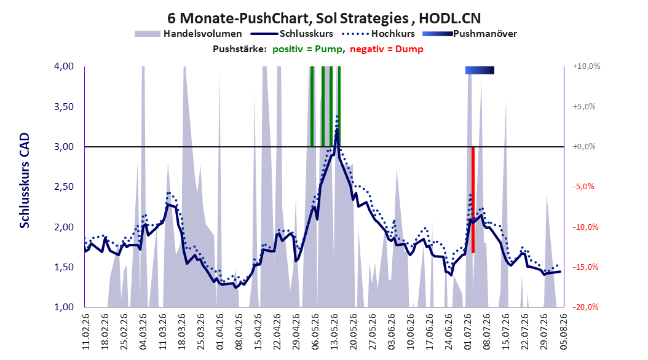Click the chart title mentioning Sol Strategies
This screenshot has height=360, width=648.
[x=324, y=18]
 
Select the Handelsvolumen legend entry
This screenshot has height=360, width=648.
[x=189, y=34]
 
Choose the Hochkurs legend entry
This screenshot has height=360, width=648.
[x=379, y=34]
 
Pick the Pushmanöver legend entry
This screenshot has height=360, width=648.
[x=470, y=34]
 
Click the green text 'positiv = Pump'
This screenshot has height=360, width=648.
[x=307, y=49]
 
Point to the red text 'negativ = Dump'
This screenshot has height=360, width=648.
[x=387, y=49]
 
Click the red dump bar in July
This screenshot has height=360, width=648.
[x=473, y=200]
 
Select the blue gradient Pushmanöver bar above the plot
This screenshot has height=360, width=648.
[x=480, y=70]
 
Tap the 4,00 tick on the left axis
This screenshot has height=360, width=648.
[x=64, y=66]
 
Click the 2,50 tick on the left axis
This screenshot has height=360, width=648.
[x=64, y=187]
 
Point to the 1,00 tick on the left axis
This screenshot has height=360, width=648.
[x=64, y=307]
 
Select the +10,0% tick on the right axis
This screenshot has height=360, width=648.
[x=587, y=66]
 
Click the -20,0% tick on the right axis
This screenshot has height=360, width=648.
[x=585, y=307]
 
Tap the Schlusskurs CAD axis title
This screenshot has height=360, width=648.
[x=25, y=181]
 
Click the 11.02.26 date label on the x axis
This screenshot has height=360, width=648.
[x=86, y=332]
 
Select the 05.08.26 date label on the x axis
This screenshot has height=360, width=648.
[x=563, y=332]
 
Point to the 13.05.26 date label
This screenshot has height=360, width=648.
[x=334, y=332]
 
